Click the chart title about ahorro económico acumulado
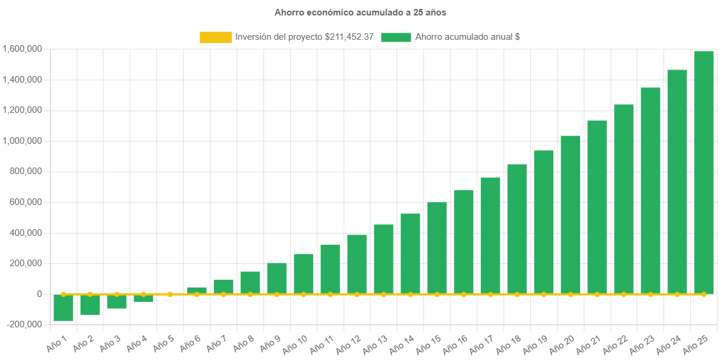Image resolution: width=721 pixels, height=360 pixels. pos(360,12)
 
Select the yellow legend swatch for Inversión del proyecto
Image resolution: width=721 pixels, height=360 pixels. pos(216,37)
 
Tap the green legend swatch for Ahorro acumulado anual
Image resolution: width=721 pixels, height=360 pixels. pos(396,37)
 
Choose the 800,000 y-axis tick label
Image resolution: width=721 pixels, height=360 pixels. pos(25,171)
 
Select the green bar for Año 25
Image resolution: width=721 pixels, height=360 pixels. pos(704,172)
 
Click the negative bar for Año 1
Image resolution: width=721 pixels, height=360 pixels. pos(63,308)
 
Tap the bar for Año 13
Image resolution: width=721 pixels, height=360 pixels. pos(383,259)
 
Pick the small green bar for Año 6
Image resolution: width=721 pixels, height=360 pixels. pos(197,290)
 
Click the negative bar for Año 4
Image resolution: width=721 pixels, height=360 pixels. pos(143,298)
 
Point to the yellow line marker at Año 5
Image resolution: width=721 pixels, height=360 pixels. pos(170,294)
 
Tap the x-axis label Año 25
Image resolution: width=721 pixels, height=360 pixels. pos(695,344)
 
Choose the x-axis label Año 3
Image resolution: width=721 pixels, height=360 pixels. pos(111,343)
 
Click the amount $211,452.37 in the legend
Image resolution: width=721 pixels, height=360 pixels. pos(349,37)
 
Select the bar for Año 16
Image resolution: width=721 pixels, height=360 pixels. pos(464,242)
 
